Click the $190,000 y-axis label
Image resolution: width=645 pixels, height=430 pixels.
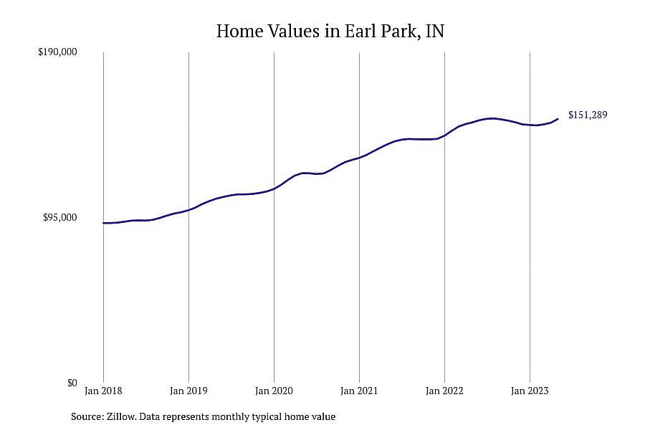point(57,52)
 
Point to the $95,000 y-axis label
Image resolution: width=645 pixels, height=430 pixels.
point(60,217)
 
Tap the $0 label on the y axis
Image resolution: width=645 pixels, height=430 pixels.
point(72,383)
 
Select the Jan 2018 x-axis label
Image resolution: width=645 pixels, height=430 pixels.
point(103,391)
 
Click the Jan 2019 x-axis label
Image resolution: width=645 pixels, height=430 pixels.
point(188,391)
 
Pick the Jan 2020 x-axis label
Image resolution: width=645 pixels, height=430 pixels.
point(274,391)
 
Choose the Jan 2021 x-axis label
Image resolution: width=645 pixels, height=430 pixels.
point(359,391)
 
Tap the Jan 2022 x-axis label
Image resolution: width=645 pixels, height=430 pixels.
point(444,391)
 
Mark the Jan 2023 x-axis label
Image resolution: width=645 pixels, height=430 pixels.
point(530,391)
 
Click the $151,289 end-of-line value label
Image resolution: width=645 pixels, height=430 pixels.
point(588,115)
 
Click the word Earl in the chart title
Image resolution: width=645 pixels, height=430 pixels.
point(360,31)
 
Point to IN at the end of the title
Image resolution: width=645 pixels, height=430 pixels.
point(435,31)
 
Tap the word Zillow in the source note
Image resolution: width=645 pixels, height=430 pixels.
point(121,416)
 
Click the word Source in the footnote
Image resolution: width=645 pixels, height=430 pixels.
point(87,416)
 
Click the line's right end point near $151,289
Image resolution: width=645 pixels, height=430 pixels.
point(558,119)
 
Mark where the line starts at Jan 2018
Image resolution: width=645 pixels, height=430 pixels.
point(103,223)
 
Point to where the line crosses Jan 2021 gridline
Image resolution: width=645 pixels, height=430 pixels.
point(359,158)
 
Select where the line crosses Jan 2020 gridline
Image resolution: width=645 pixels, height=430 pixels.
point(274,189)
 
